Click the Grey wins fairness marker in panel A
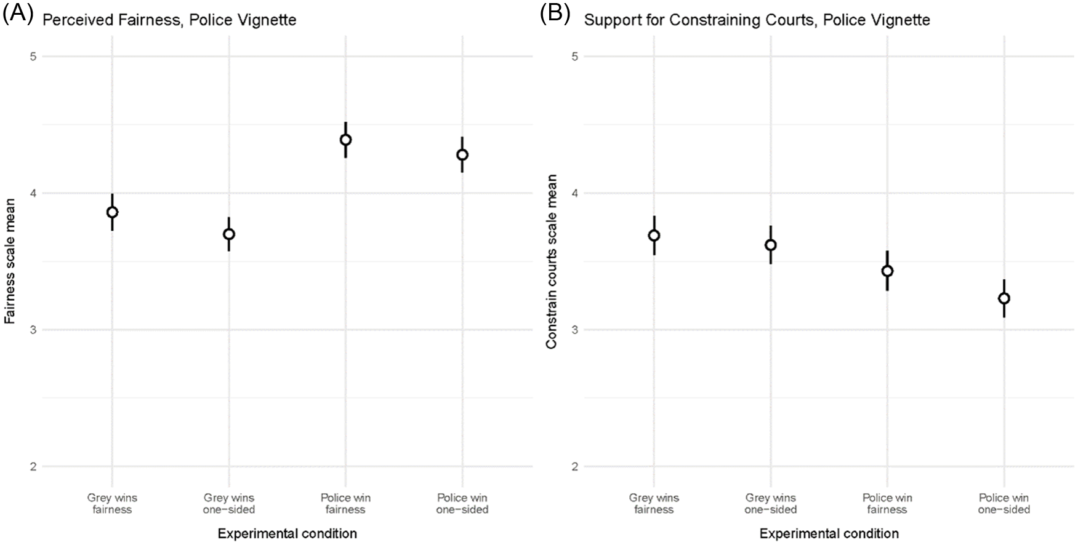112,212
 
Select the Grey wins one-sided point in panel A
229,234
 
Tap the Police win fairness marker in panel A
345,140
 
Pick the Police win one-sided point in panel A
462,155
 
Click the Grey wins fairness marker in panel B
654,236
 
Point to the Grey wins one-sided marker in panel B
771,245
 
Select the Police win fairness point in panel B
887,271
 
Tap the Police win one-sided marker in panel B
1004,299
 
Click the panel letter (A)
18,14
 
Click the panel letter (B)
555,14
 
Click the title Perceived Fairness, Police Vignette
169,20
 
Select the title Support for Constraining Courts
757,20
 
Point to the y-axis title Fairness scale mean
10,261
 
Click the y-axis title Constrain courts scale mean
552,261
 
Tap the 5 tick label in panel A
33,57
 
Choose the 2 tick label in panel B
575,467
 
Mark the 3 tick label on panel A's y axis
33,330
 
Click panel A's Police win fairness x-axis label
345,504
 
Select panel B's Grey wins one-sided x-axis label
771,504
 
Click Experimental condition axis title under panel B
829,534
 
